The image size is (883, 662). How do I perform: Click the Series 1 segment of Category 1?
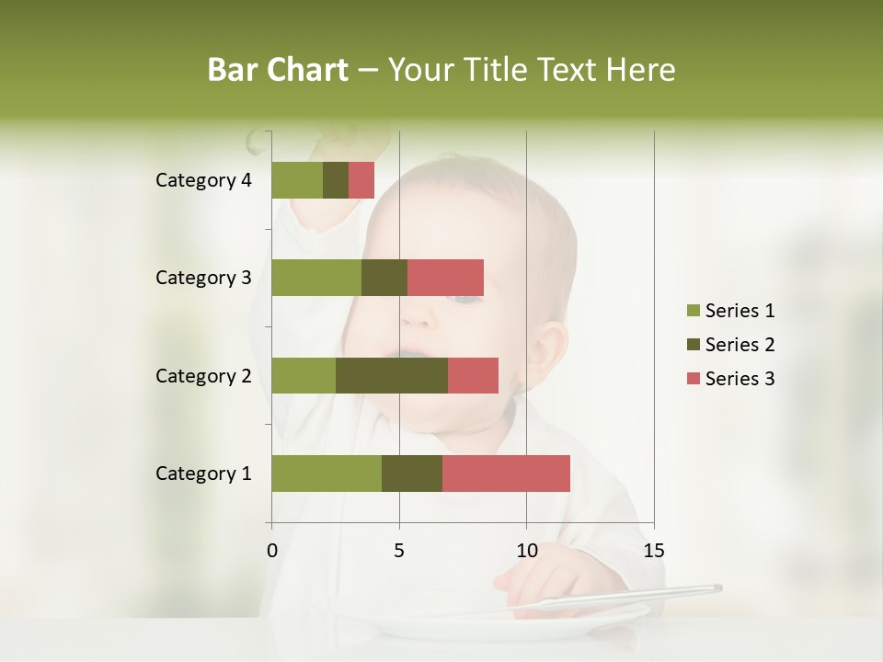[x=327, y=473]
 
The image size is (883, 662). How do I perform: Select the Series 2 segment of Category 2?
[x=392, y=375]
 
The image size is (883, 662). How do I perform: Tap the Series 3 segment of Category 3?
[x=445, y=278]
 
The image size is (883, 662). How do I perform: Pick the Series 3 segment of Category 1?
[x=506, y=473]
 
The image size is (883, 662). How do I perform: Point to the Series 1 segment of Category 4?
[x=297, y=180]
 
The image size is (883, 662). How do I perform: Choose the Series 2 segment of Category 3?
[x=384, y=278]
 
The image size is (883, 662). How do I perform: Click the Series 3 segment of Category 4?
[x=361, y=180]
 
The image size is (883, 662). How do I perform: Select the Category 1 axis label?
[x=203, y=474]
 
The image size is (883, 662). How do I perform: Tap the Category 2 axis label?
[x=203, y=376]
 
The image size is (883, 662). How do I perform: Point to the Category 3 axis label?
[x=203, y=278]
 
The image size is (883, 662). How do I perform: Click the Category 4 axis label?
[x=203, y=180]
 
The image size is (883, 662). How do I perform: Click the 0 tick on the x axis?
[x=272, y=551]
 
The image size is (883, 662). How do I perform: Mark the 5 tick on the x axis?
[x=399, y=551]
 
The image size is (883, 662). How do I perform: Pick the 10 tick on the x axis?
[x=526, y=551]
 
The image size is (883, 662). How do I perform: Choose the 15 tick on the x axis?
[x=653, y=551]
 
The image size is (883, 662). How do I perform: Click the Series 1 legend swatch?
[x=693, y=311]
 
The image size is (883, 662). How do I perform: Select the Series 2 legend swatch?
[x=693, y=345]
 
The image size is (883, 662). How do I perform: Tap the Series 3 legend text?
[x=740, y=379]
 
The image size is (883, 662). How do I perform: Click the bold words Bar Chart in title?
[x=278, y=70]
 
